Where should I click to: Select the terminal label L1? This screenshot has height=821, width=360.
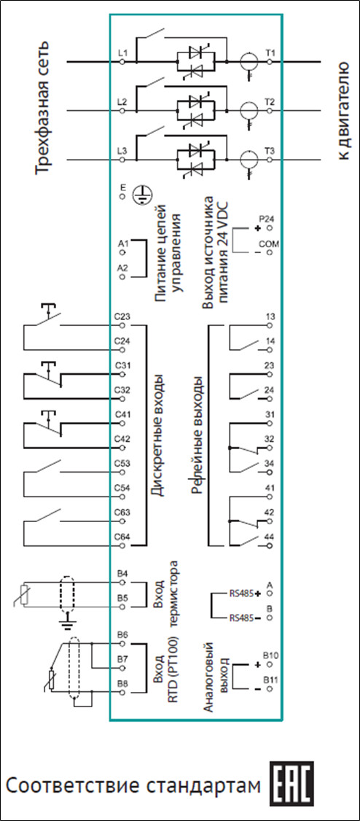click(123, 52)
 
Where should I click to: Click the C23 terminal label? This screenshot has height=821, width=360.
click(122, 316)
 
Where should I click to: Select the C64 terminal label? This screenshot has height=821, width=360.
click(122, 537)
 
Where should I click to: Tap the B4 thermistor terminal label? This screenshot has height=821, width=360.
click(123, 573)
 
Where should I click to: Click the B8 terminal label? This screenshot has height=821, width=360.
click(123, 683)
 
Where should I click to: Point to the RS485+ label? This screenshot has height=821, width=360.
click(245, 594)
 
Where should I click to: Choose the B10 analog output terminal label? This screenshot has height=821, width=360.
click(270, 655)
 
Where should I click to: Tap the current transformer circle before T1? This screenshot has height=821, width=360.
click(249, 62)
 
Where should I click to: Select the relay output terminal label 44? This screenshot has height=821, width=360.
click(270, 536)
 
